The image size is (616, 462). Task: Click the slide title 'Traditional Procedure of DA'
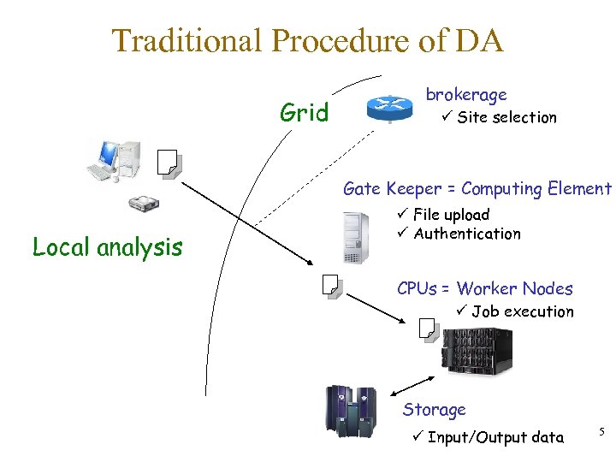[308, 40]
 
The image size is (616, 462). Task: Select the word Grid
[305, 113]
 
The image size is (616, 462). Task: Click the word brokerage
[466, 94]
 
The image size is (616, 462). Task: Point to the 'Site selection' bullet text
[506, 117]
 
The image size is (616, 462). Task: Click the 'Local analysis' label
[107, 247]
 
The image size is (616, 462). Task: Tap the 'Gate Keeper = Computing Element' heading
[477, 188]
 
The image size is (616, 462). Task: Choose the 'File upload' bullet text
[451, 215]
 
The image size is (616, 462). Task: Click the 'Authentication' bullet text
[466, 234]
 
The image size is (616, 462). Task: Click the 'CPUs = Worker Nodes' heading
[484, 288]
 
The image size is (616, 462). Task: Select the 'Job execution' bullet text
[522, 311]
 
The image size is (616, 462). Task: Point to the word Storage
[434, 410]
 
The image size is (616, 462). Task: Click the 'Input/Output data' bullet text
[495, 437]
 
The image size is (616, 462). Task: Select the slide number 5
[601, 434]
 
